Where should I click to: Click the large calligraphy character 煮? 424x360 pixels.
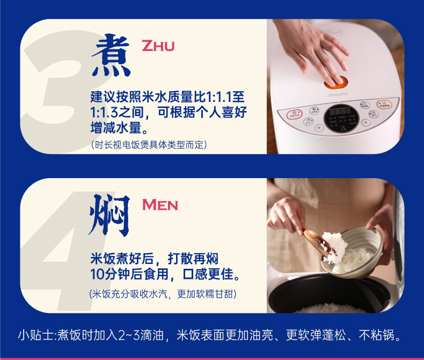tap(111, 55)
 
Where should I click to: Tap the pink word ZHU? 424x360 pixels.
tap(158, 46)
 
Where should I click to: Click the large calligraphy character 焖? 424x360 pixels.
tap(109, 215)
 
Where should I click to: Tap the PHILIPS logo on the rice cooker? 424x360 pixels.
tap(338, 94)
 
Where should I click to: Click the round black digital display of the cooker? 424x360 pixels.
tap(341, 118)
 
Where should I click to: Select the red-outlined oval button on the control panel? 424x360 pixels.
tap(295, 114)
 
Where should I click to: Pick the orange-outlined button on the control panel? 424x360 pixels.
tap(384, 104)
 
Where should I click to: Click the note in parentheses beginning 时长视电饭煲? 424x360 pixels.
tap(149, 145)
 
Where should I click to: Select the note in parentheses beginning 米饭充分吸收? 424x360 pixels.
tap(163, 294)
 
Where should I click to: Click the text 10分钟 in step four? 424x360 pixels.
tap(111, 274)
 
